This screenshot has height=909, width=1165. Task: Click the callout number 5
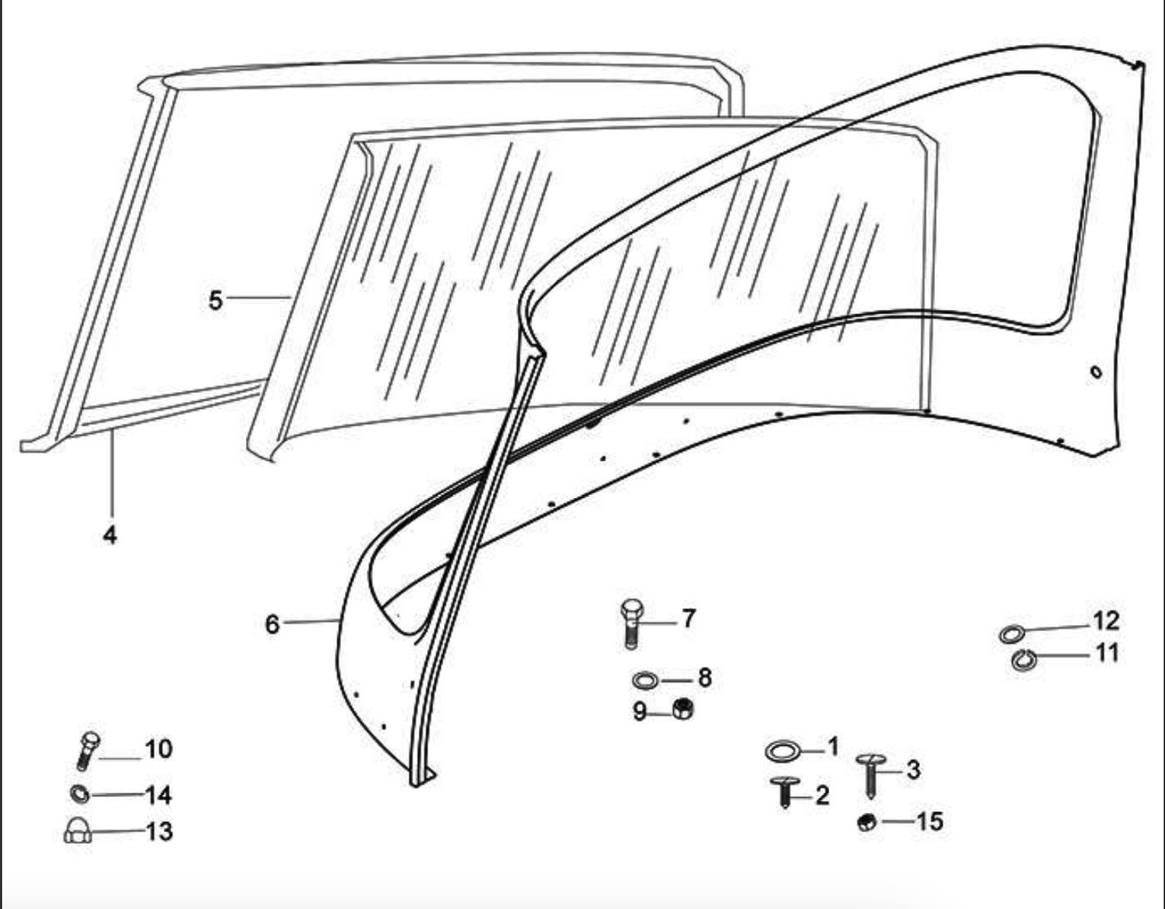click(215, 300)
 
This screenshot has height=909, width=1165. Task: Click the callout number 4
click(110, 534)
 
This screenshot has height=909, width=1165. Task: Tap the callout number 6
click(273, 624)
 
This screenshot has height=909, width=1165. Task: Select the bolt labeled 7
click(631, 624)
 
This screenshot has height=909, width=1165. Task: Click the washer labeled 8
click(645, 681)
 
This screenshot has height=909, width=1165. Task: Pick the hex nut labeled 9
click(682, 709)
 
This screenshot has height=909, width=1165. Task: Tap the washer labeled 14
click(80, 794)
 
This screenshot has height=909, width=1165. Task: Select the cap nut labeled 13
click(78, 831)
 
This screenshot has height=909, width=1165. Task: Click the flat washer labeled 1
click(783, 751)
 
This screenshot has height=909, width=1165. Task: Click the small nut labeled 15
click(867, 822)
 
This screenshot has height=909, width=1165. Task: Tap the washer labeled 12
click(1012, 634)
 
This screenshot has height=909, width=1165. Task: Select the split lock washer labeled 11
click(1024, 659)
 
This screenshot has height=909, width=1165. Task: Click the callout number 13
click(159, 831)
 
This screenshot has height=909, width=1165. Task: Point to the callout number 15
click(930, 821)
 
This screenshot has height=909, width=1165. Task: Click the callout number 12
click(1106, 620)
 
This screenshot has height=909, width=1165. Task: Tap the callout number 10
click(159, 749)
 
